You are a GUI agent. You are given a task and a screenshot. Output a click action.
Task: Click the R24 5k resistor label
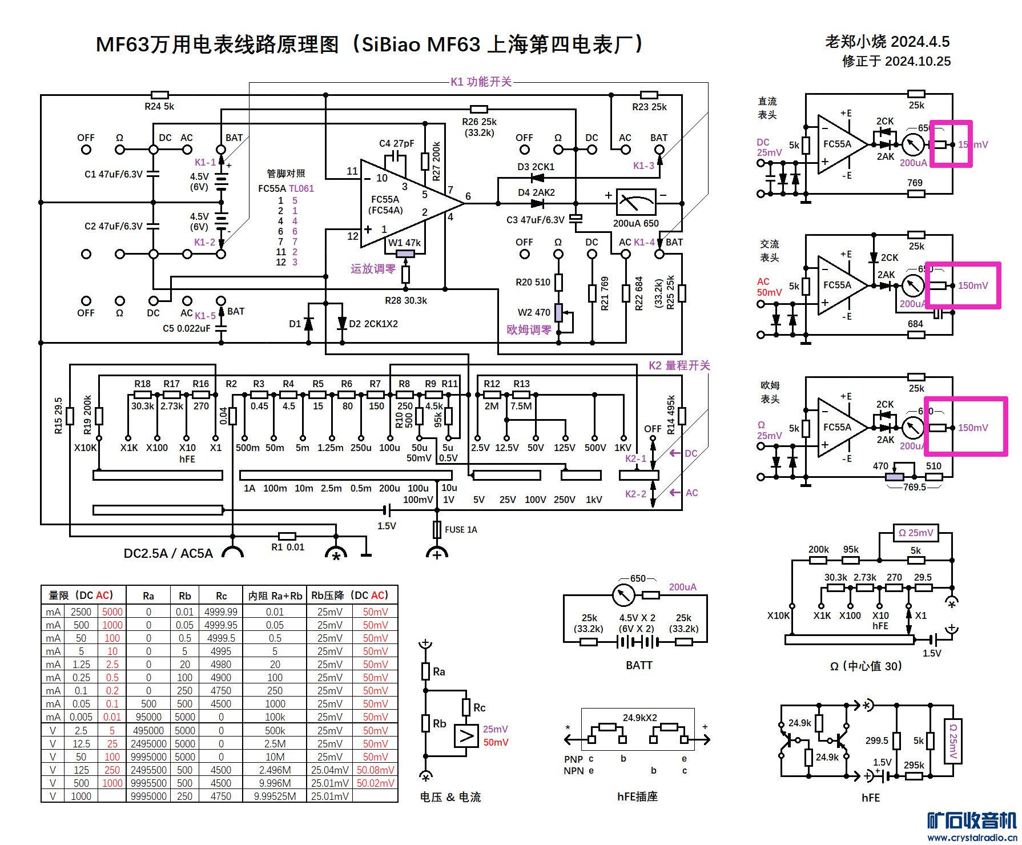click(159, 106)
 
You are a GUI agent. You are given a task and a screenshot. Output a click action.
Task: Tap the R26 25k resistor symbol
click(478, 109)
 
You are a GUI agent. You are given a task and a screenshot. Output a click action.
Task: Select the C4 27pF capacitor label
click(396, 143)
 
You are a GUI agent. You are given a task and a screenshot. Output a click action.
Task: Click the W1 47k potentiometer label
click(404, 243)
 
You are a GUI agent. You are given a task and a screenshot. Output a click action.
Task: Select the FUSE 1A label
click(461, 530)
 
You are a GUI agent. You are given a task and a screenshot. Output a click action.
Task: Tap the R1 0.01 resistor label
click(288, 547)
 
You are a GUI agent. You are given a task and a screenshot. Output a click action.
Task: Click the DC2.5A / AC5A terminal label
click(168, 553)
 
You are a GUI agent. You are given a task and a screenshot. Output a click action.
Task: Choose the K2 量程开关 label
click(679, 365)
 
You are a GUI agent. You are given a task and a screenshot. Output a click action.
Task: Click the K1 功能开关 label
click(481, 82)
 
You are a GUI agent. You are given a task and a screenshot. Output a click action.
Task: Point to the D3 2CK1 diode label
click(536, 167)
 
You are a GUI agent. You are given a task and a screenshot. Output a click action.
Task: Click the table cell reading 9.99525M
click(275, 796)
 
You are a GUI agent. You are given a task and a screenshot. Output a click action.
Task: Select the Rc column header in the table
click(221, 595)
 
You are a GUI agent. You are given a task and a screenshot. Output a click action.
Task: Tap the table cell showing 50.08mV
click(375, 770)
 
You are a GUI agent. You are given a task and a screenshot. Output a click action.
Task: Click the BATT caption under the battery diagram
click(638, 665)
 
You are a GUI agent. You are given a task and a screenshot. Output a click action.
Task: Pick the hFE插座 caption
click(637, 796)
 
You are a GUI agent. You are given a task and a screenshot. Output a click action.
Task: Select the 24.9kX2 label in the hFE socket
click(639, 718)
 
